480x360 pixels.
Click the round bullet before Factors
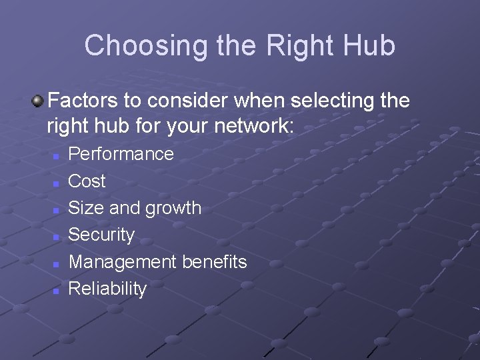37,101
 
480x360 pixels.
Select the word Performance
121,154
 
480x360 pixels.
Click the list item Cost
87,181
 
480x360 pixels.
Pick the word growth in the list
172,208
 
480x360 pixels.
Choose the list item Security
101,235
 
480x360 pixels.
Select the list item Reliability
107,289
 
